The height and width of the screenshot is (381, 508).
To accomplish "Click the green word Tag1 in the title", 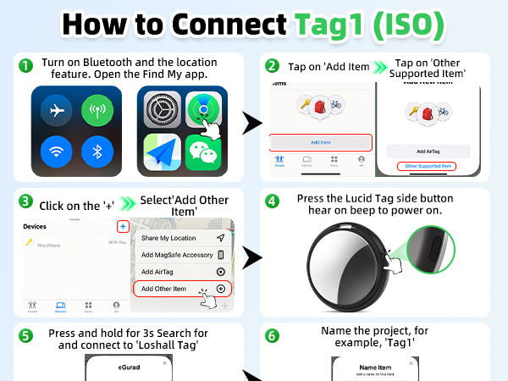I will coord(334,24).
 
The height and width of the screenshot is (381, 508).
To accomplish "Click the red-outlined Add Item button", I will coord(320,143).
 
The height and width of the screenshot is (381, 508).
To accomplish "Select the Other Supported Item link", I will coord(428,165).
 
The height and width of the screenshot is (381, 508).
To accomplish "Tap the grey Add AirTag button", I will coord(428,150).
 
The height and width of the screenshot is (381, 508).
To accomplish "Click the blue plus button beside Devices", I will coord(123,226).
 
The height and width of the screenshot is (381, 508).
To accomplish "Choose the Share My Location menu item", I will coord(181,238).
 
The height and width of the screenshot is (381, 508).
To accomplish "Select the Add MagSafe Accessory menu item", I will coord(181,255).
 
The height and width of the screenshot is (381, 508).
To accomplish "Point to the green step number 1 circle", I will coord(26,65).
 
